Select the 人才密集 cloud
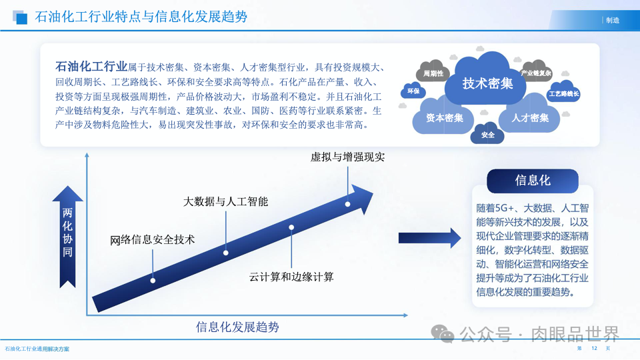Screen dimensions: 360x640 [x=530, y=117]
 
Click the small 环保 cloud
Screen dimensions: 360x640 [x=413, y=91]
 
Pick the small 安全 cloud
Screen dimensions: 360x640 [x=487, y=135]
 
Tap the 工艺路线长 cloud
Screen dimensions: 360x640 [x=563, y=94]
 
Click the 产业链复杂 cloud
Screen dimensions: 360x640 [x=536, y=73]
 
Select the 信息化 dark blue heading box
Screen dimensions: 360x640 [x=532, y=181]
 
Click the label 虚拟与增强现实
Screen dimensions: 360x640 [x=347, y=157]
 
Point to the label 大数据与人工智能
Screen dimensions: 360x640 [x=225, y=201]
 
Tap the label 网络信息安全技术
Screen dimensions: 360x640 [x=153, y=239]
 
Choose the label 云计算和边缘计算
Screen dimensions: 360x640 [x=291, y=276]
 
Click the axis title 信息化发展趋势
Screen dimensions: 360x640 [x=237, y=327]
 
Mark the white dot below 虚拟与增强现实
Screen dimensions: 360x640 [x=347, y=204]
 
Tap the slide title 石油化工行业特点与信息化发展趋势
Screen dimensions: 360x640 [x=141, y=17]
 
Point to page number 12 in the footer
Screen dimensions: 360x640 [x=594, y=349]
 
